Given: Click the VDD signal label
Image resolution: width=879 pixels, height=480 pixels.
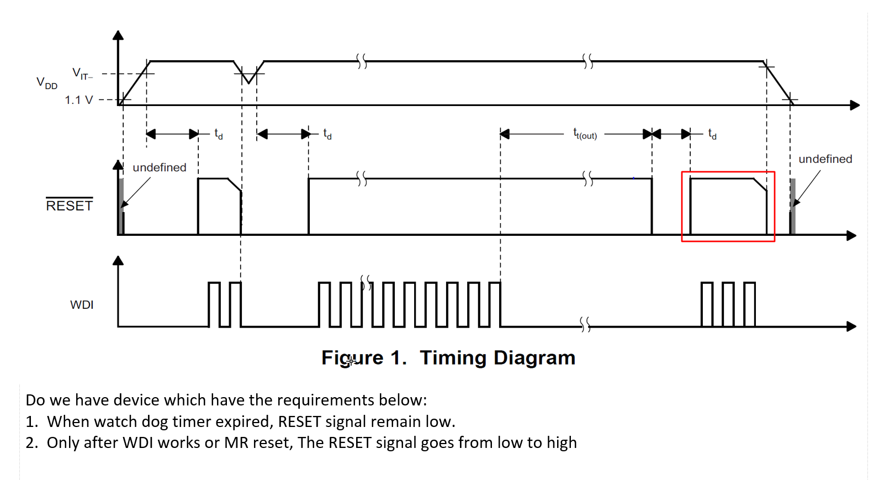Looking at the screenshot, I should (47, 83).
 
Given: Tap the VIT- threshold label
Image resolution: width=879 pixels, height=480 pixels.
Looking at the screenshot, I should (82, 73).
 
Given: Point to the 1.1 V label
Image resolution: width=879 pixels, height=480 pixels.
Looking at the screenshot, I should (78, 100).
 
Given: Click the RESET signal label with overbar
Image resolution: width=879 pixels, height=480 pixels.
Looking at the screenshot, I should (69, 205).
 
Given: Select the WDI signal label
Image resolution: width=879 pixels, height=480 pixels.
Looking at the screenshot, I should (82, 305).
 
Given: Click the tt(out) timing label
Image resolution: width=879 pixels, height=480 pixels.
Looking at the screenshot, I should (585, 134).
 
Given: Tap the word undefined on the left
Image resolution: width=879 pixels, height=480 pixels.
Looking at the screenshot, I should (160, 167).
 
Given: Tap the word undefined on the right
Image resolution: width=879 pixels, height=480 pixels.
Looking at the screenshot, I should (825, 159).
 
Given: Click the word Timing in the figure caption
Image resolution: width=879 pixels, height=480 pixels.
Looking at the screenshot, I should (453, 358).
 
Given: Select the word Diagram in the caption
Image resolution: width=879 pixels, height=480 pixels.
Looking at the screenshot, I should (534, 358).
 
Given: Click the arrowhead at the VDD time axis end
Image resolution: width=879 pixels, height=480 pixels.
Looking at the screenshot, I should (855, 105).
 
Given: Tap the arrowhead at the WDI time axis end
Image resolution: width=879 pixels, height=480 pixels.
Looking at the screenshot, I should (851, 326).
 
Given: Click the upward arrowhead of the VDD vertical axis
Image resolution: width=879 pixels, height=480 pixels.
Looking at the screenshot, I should (118, 35).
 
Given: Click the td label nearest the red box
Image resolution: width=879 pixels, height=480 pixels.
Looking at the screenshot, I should (712, 134).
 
